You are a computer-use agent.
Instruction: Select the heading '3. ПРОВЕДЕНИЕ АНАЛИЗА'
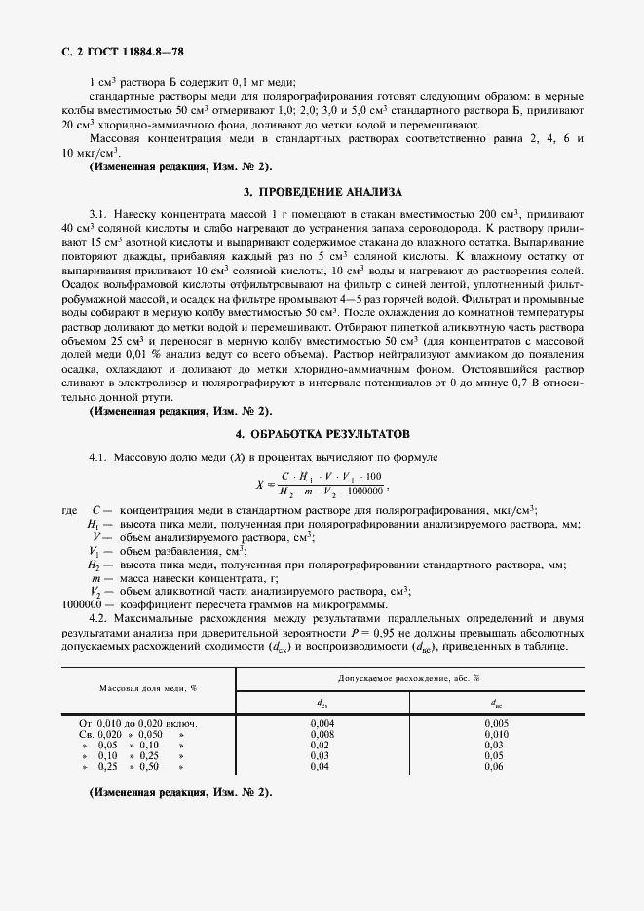(322, 192)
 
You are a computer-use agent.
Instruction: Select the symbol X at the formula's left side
(259, 483)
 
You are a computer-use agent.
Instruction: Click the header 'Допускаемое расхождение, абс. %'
(409, 675)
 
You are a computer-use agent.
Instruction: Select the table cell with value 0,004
(322, 724)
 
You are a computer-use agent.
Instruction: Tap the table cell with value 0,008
(322, 734)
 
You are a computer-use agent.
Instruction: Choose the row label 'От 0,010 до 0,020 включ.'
(138, 724)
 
